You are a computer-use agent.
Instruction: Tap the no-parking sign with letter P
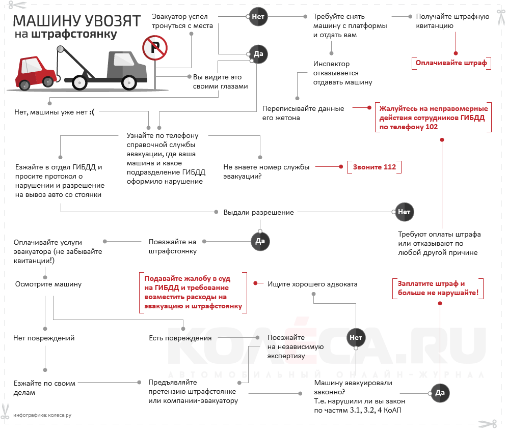(x=154, y=48)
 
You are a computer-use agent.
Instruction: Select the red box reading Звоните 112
(x=375, y=167)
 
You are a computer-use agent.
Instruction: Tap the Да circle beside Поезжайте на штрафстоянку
(x=260, y=241)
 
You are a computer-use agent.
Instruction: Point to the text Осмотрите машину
(x=48, y=284)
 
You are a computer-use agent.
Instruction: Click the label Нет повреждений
(x=44, y=338)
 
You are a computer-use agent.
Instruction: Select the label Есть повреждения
(x=180, y=338)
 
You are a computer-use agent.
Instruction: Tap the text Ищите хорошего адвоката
(x=312, y=284)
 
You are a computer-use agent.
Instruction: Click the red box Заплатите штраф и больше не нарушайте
(x=438, y=288)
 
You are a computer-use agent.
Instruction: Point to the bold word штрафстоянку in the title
(x=74, y=35)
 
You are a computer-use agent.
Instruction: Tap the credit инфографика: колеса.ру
(x=42, y=415)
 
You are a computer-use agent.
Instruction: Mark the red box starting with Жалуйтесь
(x=432, y=118)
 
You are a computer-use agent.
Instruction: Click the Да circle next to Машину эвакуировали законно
(x=440, y=392)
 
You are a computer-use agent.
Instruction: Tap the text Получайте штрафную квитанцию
(x=452, y=21)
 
